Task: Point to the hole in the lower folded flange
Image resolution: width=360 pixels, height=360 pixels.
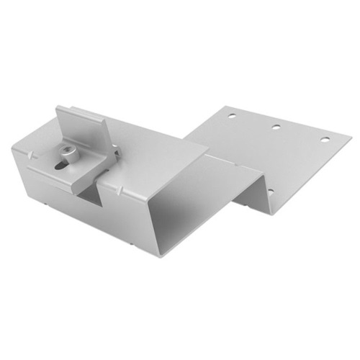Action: [270, 192]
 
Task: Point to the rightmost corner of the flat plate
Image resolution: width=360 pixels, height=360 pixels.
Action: [351, 135]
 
